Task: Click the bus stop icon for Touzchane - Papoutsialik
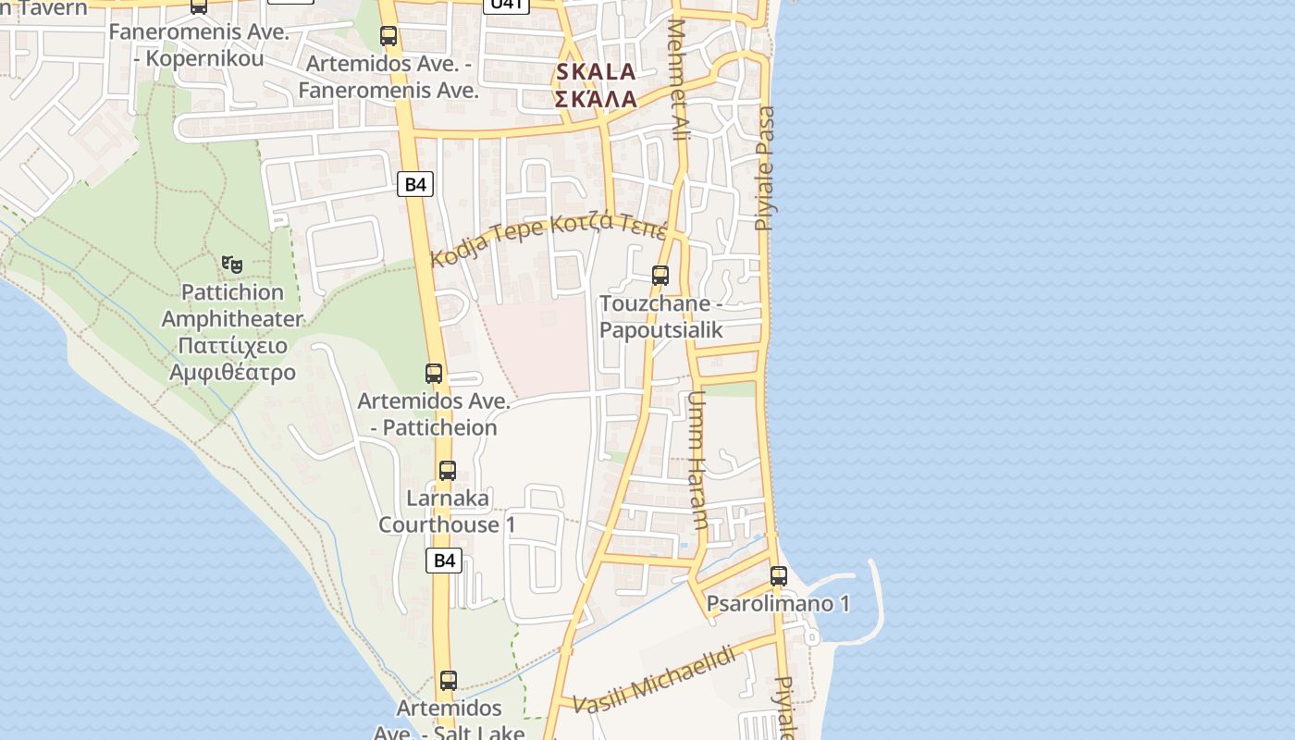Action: pyautogui.click(x=660, y=276)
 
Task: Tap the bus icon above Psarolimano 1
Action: pyautogui.click(x=778, y=576)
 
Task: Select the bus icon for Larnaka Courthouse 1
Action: pyautogui.click(x=448, y=470)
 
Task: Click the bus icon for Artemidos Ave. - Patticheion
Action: pyautogui.click(x=434, y=374)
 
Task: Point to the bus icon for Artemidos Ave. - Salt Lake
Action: pyautogui.click(x=449, y=681)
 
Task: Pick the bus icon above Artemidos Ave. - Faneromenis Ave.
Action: pyautogui.click(x=388, y=36)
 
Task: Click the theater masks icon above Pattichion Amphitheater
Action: pyautogui.click(x=232, y=265)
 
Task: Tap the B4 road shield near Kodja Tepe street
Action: pyautogui.click(x=416, y=184)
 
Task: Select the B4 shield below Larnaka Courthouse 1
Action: pyautogui.click(x=445, y=560)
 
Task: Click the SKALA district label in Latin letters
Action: pyautogui.click(x=596, y=72)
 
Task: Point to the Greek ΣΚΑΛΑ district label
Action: pyautogui.click(x=596, y=99)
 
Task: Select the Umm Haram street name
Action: pyautogui.click(x=697, y=460)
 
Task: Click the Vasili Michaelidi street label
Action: pyautogui.click(x=655, y=680)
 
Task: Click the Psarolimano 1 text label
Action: pyautogui.click(x=778, y=604)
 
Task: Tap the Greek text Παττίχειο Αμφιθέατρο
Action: pyautogui.click(x=232, y=359)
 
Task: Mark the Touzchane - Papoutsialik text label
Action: pyautogui.click(x=661, y=316)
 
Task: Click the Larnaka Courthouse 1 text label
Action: pyautogui.click(x=447, y=512)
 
